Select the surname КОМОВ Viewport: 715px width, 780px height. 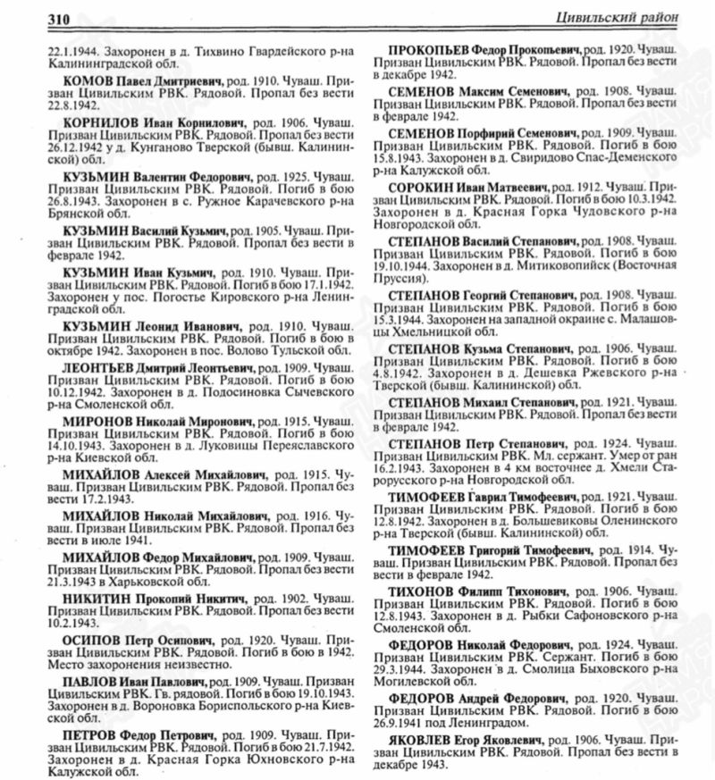coord(88,80)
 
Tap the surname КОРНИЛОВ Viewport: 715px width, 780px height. coord(101,119)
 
